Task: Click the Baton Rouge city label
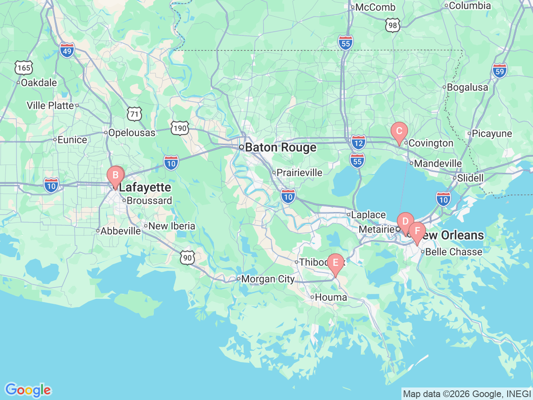pyautogui.click(x=280, y=147)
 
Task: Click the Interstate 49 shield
pyautogui.click(x=67, y=50)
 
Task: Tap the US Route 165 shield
pyautogui.click(x=24, y=68)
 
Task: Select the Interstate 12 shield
pyautogui.click(x=358, y=142)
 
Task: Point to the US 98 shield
pyautogui.click(x=392, y=26)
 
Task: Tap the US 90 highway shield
pyautogui.click(x=187, y=257)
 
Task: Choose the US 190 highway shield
pyautogui.click(x=180, y=128)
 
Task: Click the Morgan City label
pyautogui.click(x=268, y=279)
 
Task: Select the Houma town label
pyautogui.click(x=331, y=297)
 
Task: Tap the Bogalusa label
pyautogui.click(x=467, y=87)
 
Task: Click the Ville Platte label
pyautogui.click(x=50, y=105)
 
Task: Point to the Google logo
pyautogui.click(x=27, y=390)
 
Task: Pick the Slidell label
pyautogui.click(x=470, y=178)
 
